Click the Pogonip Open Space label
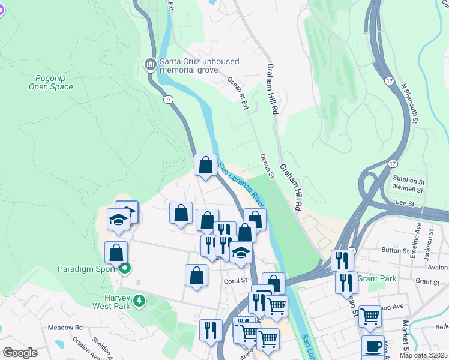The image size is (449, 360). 51,82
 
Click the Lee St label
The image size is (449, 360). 406,204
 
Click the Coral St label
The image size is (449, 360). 236,280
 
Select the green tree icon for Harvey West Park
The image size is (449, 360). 139,299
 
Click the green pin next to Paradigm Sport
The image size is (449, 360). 125,268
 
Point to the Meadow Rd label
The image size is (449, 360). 65,328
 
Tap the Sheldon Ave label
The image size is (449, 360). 100,347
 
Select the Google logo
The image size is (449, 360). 20,353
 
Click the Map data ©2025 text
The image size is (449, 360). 423,355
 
